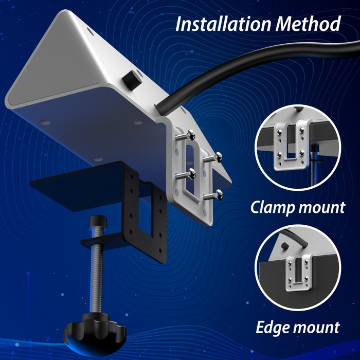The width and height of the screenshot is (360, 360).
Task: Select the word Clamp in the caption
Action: click(276, 208)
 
